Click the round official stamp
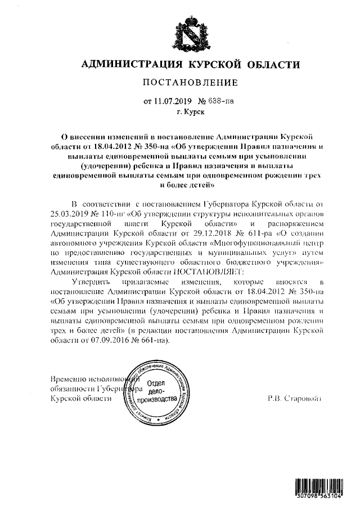(x=158, y=393)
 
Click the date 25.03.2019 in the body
(x=70, y=214)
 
